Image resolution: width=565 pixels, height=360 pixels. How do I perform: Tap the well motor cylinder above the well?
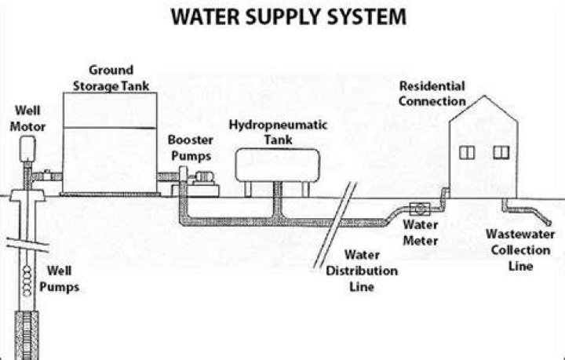point(27,149)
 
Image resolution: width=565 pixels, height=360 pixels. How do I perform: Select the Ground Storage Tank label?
point(111,78)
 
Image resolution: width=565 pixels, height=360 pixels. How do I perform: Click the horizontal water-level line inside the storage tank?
point(110,128)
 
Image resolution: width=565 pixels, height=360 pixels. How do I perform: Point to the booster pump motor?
point(204,176)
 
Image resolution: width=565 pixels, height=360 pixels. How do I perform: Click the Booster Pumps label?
point(191,147)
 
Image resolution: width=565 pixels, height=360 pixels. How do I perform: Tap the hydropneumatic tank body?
point(278,165)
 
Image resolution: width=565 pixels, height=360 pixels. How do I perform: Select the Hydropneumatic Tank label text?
point(278,132)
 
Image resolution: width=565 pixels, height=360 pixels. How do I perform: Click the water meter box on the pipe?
point(420,209)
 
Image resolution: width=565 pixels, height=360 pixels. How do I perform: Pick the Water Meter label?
point(420,233)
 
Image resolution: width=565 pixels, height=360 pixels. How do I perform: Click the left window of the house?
point(467,153)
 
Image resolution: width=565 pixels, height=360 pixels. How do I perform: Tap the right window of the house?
point(501,153)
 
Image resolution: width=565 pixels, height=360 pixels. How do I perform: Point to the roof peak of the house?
point(485,96)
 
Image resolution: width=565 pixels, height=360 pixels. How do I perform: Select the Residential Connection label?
point(432,93)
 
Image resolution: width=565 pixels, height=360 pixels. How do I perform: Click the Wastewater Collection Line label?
point(520,250)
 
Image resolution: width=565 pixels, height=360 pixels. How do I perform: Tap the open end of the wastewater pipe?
point(549,222)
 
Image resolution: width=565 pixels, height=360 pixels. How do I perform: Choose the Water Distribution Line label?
point(362,271)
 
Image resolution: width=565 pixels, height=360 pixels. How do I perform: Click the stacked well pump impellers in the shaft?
point(27,281)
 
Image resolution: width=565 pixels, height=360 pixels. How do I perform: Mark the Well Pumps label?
point(60,278)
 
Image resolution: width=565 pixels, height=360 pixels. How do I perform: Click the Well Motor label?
point(27,118)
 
